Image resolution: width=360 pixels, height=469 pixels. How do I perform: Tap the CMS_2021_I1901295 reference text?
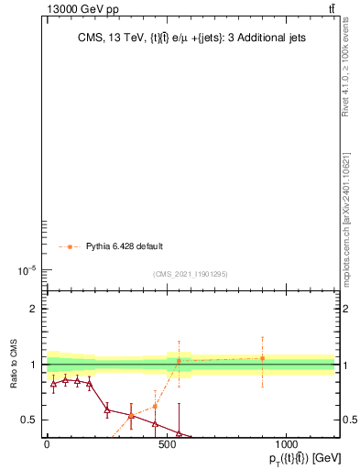point(190,274)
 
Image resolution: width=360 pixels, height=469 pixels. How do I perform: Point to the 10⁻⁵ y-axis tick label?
point(25,270)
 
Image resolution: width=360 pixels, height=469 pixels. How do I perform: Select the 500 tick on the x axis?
point(167,444)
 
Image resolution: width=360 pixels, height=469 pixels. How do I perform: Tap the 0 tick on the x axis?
point(47,444)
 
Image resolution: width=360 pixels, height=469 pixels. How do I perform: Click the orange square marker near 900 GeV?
point(262,358)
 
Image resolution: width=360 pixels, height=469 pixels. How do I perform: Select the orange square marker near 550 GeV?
point(179,361)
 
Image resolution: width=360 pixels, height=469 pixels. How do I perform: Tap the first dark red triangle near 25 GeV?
point(53,384)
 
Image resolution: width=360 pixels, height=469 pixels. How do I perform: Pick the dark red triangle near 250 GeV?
point(107,409)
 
